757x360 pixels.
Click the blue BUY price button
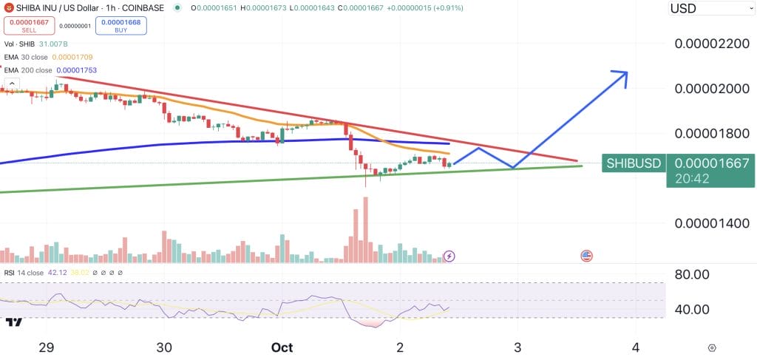[x=120, y=26]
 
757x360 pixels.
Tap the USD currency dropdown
[x=710, y=9]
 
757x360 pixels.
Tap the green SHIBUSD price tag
[x=633, y=163]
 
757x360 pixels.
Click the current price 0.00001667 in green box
[x=712, y=163]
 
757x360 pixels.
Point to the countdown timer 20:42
[x=690, y=179]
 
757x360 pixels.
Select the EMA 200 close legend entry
[x=49, y=70]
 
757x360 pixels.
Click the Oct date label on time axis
[x=281, y=347]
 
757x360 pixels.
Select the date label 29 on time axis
[x=47, y=347]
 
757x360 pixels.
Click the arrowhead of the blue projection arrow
[x=622, y=75]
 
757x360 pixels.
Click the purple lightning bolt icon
[x=449, y=257]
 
